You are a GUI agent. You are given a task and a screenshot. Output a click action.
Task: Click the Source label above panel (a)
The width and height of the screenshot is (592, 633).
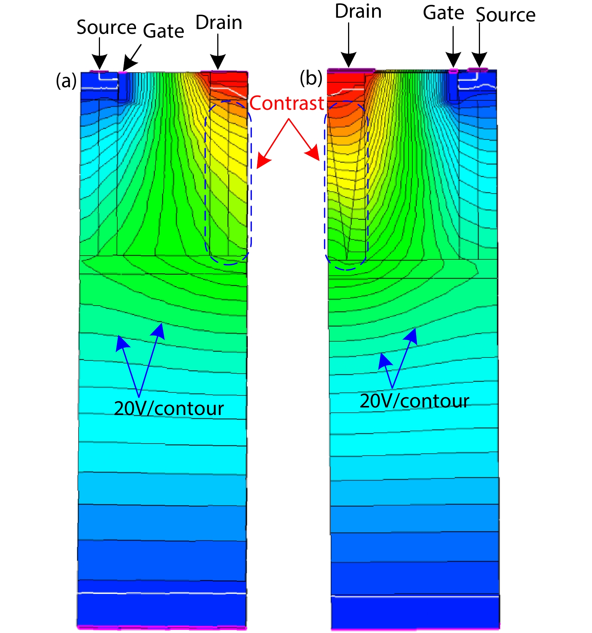106,27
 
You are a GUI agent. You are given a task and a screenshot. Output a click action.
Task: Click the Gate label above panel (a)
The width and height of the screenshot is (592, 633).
164,30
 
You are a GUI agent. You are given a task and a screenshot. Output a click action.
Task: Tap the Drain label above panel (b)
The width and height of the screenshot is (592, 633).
358,11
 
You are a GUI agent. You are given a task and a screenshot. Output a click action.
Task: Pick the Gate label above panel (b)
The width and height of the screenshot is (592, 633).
444,13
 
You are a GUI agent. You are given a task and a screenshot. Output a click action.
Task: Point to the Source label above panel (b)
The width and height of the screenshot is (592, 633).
506,15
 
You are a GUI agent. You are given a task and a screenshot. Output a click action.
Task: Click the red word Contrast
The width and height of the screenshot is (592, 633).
287,103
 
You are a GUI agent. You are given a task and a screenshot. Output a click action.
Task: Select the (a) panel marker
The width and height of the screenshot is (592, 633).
66,80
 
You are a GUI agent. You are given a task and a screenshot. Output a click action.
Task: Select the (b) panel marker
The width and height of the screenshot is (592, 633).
311,78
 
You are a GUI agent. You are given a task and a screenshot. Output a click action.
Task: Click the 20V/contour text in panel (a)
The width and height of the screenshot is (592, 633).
169,408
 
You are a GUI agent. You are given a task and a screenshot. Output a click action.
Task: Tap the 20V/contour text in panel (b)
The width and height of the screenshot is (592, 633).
415,401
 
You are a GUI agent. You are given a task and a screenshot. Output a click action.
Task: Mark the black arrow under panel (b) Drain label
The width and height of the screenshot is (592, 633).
349,45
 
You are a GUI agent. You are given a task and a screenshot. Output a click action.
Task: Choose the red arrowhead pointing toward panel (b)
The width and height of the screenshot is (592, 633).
313,154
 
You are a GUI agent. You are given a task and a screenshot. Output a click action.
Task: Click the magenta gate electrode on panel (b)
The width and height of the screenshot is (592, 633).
454,71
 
